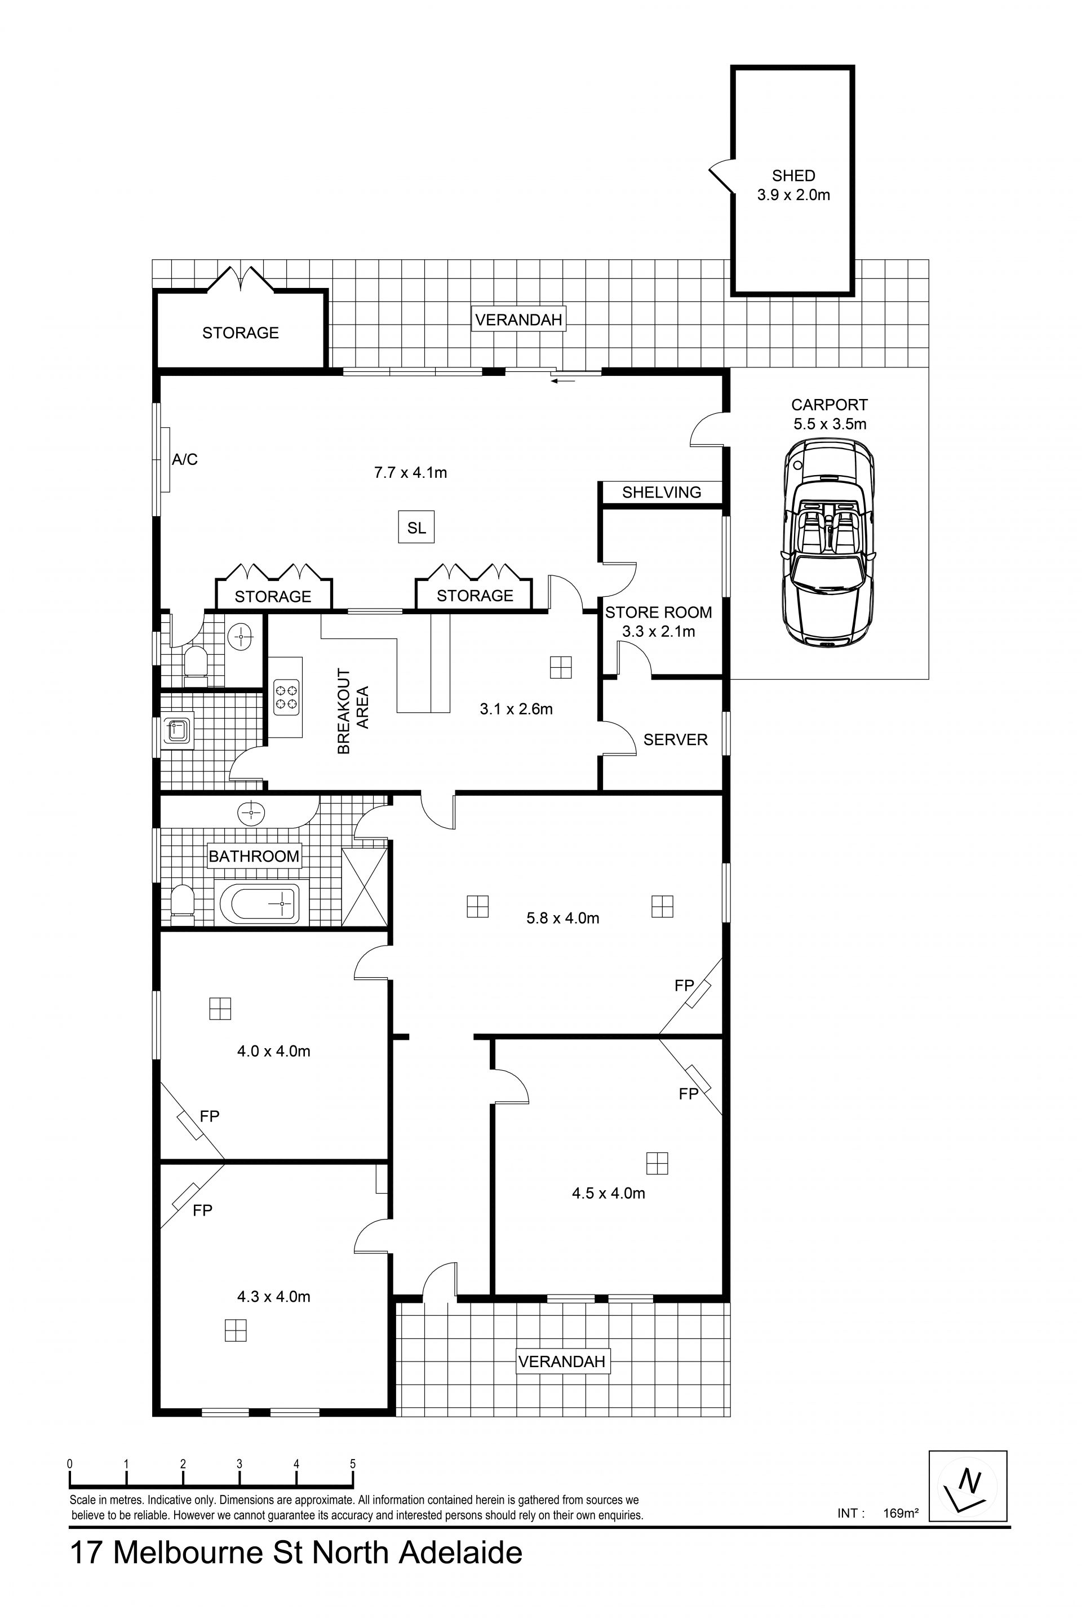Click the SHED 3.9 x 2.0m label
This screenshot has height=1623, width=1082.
coord(793,185)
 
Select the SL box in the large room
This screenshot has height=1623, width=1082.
coord(416,528)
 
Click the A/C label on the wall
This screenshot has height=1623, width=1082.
coord(184,460)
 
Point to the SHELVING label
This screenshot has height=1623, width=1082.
coord(661,493)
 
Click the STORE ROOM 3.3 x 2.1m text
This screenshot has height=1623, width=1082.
coord(658,622)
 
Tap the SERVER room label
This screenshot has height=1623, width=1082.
coord(675,740)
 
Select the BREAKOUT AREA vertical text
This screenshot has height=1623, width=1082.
coord(353,710)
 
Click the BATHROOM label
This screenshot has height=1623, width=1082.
coord(254,857)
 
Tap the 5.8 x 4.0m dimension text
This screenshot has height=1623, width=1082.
coord(562,919)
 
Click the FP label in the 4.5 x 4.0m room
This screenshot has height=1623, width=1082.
coord(688,1094)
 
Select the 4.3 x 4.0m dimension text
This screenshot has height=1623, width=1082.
coord(273,1297)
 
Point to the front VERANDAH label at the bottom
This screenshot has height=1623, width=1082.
coord(562,1362)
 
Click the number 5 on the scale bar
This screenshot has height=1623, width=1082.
coord(353,1464)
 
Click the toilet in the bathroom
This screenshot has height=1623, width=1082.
coord(182,904)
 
